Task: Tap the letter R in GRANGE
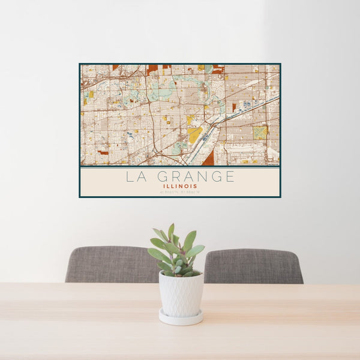tap(177, 177)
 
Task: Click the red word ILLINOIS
tap(180, 186)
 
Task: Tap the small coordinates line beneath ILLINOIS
tap(180, 191)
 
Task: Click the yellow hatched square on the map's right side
tap(260, 132)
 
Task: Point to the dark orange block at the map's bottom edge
tap(208, 159)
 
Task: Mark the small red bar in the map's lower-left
tap(104, 153)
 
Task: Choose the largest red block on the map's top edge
tap(152, 69)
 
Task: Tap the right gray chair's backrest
tap(253, 266)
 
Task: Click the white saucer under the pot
tap(181, 318)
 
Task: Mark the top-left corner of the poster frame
tap(80, 64)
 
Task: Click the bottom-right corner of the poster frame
tap(280, 196)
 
